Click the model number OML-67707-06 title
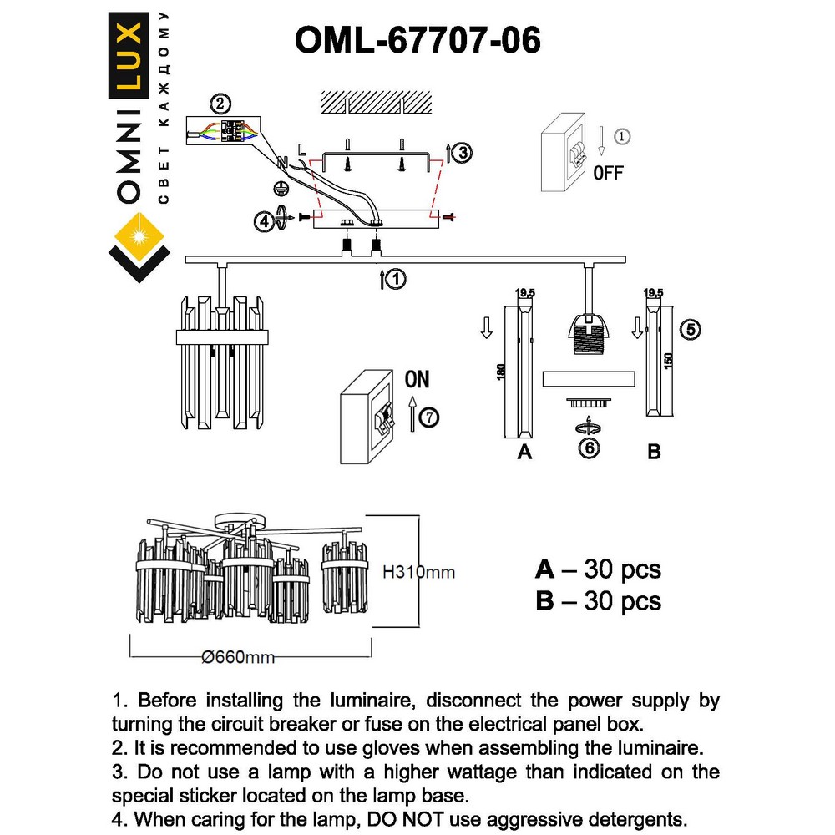coord(417,39)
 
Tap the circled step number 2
coord(219,104)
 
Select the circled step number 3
coord(462,152)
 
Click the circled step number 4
coord(265,221)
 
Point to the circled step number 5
coord(690,329)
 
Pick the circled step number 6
coord(590,448)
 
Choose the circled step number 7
coord(429,417)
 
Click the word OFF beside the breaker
coord(608,174)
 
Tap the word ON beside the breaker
coord(417,380)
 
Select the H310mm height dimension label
coord(419,573)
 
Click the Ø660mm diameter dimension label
coord(239,657)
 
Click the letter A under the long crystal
coord(524,452)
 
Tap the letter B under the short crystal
coord(655,452)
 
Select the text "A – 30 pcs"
coord(598,569)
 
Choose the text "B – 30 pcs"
coord(598,600)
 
